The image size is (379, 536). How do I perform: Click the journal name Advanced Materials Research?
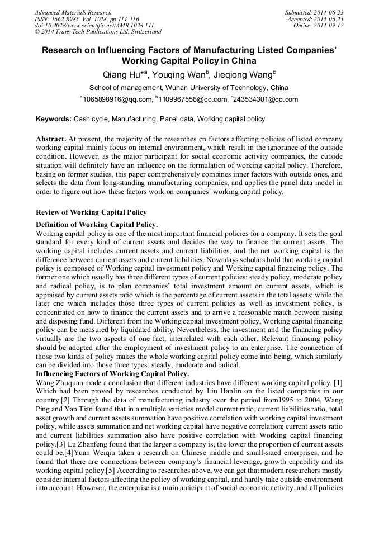[73, 12]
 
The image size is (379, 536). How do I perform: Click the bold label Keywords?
[54, 119]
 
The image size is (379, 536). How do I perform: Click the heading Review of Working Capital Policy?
[91, 212]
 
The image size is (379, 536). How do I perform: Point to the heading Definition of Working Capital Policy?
[96, 224]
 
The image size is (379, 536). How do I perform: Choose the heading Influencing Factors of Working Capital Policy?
[112, 373]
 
